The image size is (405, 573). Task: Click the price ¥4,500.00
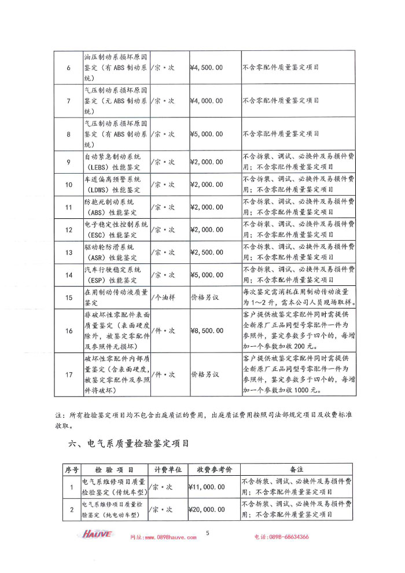(x=206, y=68)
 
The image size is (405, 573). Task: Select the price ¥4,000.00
(x=206, y=101)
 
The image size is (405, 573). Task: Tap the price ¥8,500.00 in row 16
(x=206, y=331)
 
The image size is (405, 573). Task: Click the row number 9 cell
(x=68, y=162)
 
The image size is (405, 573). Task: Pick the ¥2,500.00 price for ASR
(x=206, y=252)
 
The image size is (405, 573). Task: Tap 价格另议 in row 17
(x=205, y=374)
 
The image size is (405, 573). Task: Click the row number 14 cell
(x=68, y=275)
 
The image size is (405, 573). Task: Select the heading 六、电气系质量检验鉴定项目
(x=129, y=444)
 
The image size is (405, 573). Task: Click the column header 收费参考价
(x=214, y=469)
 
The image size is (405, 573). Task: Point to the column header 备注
(x=296, y=469)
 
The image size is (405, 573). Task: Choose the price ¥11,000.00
(x=207, y=487)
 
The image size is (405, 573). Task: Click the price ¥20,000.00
(x=207, y=510)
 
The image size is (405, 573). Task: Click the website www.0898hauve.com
(x=163, y=537)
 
